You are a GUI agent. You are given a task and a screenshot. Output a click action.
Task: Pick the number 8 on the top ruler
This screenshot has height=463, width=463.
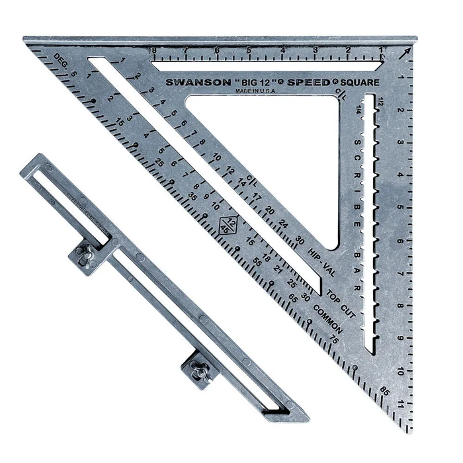click(x=153, y=50)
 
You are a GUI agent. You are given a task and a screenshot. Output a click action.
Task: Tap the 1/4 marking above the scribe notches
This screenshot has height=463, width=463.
click(x=358, y=109)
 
